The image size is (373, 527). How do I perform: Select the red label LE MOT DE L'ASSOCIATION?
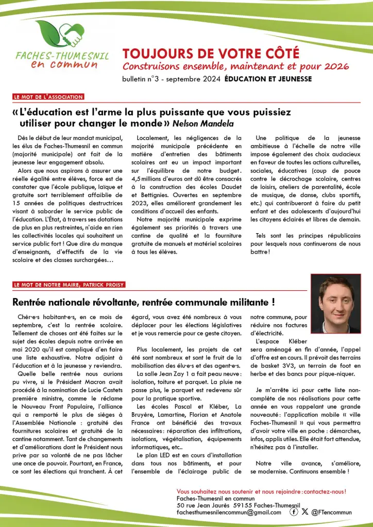click(49, 97)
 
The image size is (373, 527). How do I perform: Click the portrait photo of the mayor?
click(335, 303)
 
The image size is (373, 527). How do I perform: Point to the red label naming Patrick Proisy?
click(69, 285)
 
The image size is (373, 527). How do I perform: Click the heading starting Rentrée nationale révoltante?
click(143, 301)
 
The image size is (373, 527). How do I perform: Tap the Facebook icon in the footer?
click(294, 512)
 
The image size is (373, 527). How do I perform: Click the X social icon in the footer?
click(305, 512)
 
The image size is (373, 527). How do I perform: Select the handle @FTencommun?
click(332, 512)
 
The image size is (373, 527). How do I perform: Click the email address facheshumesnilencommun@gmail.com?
click(229, 512)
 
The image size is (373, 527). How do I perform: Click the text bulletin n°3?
click(141, 79)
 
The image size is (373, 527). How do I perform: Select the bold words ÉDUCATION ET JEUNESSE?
click(276, 79)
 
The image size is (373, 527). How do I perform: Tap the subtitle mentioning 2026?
click(235, 66)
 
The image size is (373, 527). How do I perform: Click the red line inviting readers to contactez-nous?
click(261, 491)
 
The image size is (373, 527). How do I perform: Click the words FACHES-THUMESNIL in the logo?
click(62, 55)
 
